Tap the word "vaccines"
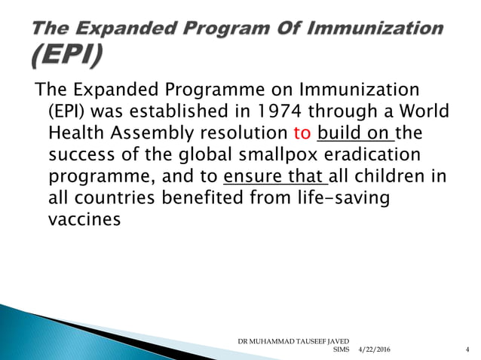click(x=84, y=222)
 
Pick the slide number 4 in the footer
click(x=468, y=350)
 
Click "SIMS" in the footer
click(x=341, y=350)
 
